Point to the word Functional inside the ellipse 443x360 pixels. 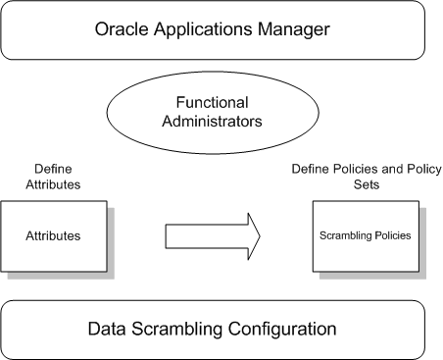click(221, 102)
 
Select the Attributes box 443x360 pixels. click(48, 236)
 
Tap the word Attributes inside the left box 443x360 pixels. click(48, 236)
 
